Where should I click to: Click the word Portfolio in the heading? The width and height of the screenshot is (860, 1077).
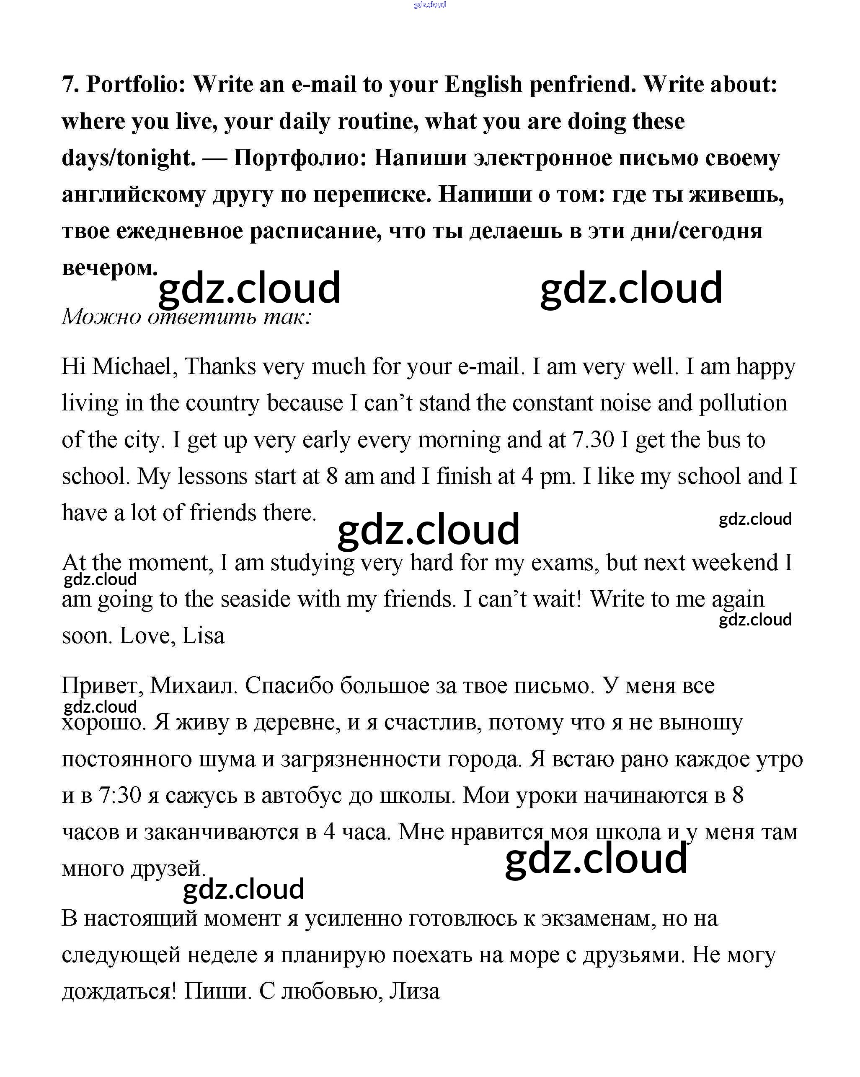(136, 84)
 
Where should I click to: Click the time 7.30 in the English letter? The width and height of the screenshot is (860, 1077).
(592, 440)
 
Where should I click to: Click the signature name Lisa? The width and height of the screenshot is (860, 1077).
(203, 636)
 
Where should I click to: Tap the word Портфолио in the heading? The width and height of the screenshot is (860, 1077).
(300, 158)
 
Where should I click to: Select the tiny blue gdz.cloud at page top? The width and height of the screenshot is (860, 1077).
(430, 5)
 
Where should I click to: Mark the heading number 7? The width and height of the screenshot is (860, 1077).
(70, 84)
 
